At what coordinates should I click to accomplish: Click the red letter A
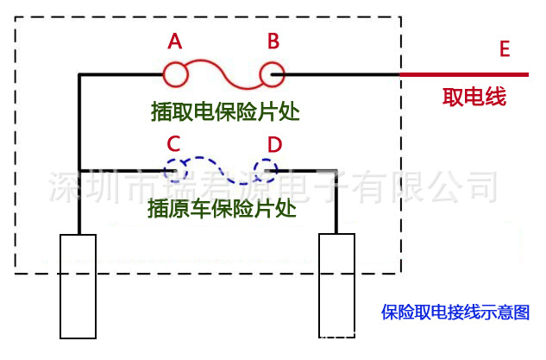click(x=175, y=41)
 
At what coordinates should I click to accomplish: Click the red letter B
click(x=273, y=41)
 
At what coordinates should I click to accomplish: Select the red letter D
click(x=274, y=144)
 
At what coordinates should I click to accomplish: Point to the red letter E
click(x=505, y=49)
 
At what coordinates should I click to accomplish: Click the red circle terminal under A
click(x=175, y=75)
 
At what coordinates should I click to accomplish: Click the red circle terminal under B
click(x=273, y=75)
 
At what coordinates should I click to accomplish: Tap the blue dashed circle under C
click(x=178, y=167)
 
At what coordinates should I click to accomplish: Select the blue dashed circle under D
click(x=266, y=167)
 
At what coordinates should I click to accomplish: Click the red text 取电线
click(x=474, y=97)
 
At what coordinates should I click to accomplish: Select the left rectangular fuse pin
click(x=78, y=285)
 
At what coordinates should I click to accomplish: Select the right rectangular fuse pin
click(x=336, y=285)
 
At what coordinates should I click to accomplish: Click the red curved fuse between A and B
click(x=224, y=73)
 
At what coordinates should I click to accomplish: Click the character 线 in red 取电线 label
click(x=495, y=97)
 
